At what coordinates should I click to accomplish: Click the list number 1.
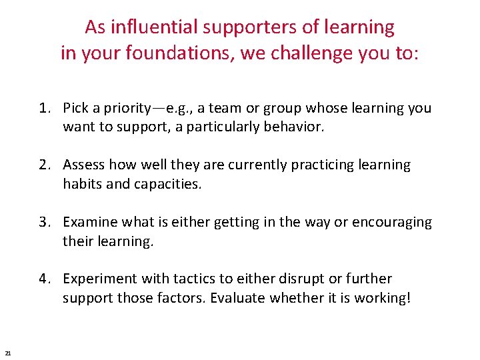click(x=43, y=108)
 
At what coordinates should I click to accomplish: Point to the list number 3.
click(x=43, y=222)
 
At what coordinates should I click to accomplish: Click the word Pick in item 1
click(x=76, y=108)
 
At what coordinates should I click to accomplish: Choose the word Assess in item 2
click(x=83, y=165)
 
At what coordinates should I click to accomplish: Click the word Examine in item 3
click(x=89, y=222)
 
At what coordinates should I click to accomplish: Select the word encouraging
click(x=396, y=222)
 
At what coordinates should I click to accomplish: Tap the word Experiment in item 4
click(x=99, y=279)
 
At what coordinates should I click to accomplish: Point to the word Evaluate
click(x=237, y=297)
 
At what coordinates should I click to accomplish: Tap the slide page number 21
click(x=7, y=353)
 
